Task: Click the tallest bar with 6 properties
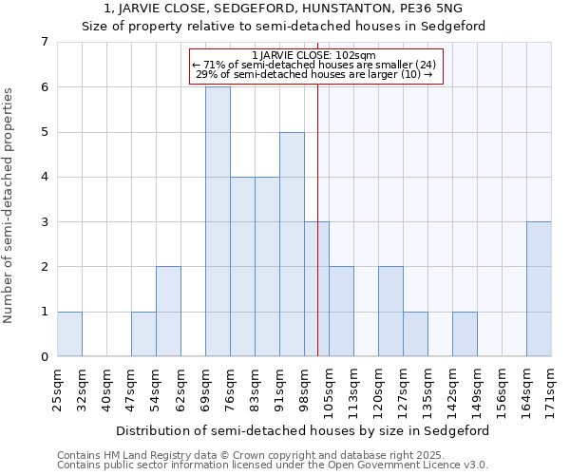(x=218, y=221)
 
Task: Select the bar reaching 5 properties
(x=292, y=244)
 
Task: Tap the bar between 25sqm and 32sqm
(x=69, y=333)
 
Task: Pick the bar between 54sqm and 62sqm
(x=168, y=312)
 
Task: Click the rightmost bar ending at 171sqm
(x=539, y=289)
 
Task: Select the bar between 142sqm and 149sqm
(x=465, y=333)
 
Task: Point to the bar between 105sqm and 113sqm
(x=341, y=312)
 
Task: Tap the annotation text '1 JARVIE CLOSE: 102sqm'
(x=316, y=56)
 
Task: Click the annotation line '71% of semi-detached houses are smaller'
(x=316, y=66)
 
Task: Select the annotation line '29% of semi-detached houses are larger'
(x=316, y=75)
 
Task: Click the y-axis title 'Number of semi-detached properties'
(x=9, y=204)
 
